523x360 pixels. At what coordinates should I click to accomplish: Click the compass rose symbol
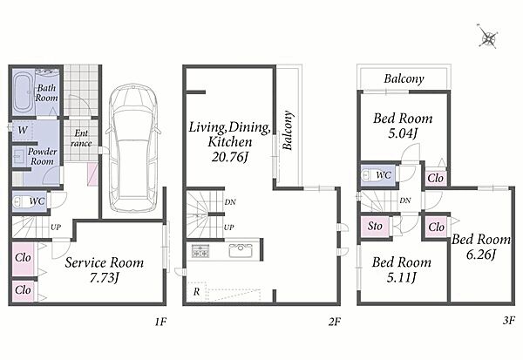click(487, 36)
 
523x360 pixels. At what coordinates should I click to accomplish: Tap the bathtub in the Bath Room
click(23, 92)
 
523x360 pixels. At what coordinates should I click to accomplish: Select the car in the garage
click(133, 148)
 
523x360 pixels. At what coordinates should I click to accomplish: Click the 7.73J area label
click(105, 277)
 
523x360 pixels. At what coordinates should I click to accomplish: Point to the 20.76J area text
click(230, 157)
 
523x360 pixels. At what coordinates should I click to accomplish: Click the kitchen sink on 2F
click(241, 250)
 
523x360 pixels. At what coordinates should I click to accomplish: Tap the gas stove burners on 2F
click(200, 250)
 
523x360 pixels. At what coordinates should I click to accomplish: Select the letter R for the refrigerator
click(196, 292)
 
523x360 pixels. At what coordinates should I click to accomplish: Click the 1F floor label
click(160, 322)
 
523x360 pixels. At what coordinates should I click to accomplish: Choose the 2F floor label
click(335, 322)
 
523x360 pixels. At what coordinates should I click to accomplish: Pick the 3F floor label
click(509, 321)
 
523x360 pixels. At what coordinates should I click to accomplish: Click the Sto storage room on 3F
click(375, 227)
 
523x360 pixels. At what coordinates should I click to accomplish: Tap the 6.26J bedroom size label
click(480, 255)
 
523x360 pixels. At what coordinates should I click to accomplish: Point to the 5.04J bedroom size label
click(403, 133)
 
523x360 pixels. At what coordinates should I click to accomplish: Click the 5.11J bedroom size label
click(402, 277)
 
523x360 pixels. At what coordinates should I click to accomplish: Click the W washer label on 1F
click(23, 130)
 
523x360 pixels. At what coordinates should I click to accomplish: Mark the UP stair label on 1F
click(56, 228)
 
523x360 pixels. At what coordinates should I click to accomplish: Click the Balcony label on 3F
click(404, 78)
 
